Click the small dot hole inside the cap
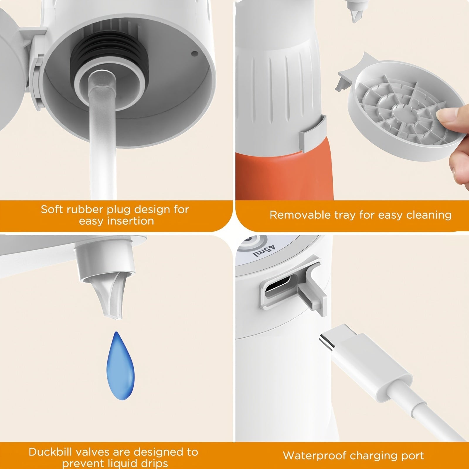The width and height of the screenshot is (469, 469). [x=194, y=54]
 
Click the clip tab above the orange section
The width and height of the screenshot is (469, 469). [x=312, y=134]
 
